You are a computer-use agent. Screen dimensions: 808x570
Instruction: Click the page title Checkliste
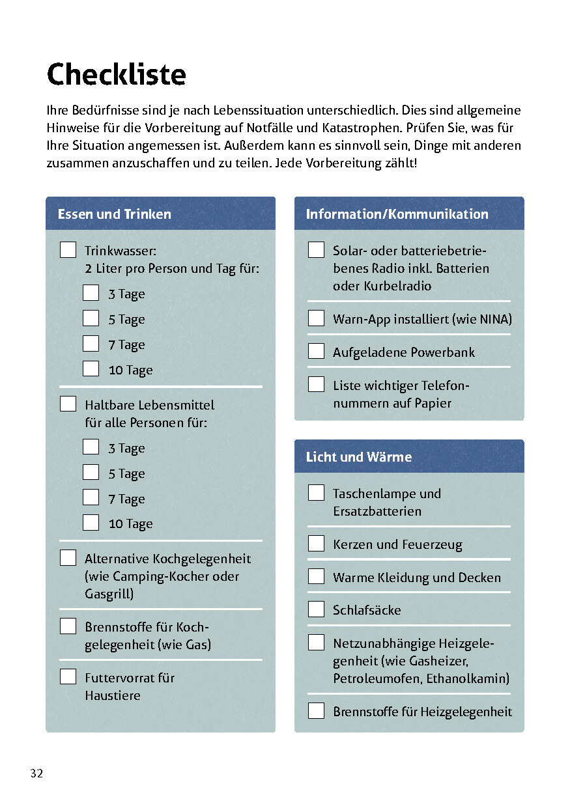pos(117,74)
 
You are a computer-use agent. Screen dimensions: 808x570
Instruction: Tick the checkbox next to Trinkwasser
pos(68,250)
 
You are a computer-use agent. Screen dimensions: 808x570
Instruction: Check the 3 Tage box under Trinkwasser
pos(91,293)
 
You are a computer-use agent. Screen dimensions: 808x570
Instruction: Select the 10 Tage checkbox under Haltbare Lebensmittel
pos(91,523)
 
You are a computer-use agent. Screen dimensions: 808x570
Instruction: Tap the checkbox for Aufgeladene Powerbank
pos(316,352)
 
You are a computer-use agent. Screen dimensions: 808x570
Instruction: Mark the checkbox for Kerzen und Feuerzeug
pos(316,544)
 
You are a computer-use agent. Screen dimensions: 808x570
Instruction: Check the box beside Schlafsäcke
pos(316,609)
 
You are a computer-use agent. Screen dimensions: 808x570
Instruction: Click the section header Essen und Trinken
pos(115,214)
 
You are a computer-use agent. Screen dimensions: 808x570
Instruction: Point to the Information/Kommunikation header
pos(397,214)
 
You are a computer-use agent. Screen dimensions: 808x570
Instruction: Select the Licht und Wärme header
pos(359,457)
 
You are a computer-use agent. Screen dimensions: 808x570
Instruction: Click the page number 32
pos(36,773)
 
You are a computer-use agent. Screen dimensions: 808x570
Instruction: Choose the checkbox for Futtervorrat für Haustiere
pos(68,677)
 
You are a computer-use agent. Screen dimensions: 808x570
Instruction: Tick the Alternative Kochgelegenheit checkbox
pos(68,558)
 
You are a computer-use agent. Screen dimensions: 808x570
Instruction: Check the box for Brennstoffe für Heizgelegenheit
pos(316,711)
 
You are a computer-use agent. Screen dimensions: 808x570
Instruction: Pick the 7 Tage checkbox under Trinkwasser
pos(91,344)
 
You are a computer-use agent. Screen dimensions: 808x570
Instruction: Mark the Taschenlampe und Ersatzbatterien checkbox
pos(316,493)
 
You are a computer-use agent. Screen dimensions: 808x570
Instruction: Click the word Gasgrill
pos(109,594)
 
